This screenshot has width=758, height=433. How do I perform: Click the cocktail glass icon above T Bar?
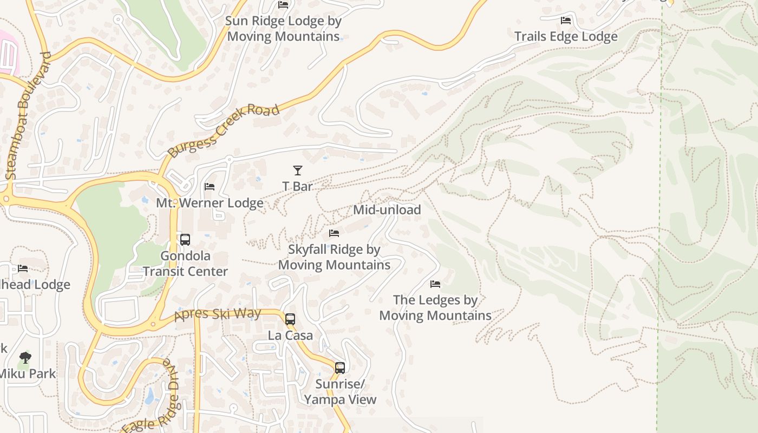[297, 170]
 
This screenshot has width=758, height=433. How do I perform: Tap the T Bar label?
[297, 186]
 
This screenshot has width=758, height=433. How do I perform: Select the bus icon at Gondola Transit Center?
[185, 239]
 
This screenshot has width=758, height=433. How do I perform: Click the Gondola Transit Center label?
[185, 264]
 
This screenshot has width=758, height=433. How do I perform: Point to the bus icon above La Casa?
[290, 319]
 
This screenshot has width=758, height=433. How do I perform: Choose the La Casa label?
[290, 336]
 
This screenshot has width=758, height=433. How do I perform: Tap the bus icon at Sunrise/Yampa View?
[339, 368]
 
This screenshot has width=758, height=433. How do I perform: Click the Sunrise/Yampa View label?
[340, 392]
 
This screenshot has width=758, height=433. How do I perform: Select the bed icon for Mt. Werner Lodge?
[210, 187]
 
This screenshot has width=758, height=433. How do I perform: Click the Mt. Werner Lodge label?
[210, 203]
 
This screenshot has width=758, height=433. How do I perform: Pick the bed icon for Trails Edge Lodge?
[566, 21]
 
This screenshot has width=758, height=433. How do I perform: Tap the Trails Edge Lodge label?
[566, 36]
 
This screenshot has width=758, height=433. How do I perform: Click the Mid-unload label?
[387, 209]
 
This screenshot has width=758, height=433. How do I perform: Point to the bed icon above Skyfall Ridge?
[334, 233]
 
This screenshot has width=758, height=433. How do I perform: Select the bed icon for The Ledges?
[435, 284]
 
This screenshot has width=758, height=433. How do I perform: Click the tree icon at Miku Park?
[25, 357]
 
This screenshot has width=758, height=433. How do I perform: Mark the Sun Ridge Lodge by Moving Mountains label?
[283, 29]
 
